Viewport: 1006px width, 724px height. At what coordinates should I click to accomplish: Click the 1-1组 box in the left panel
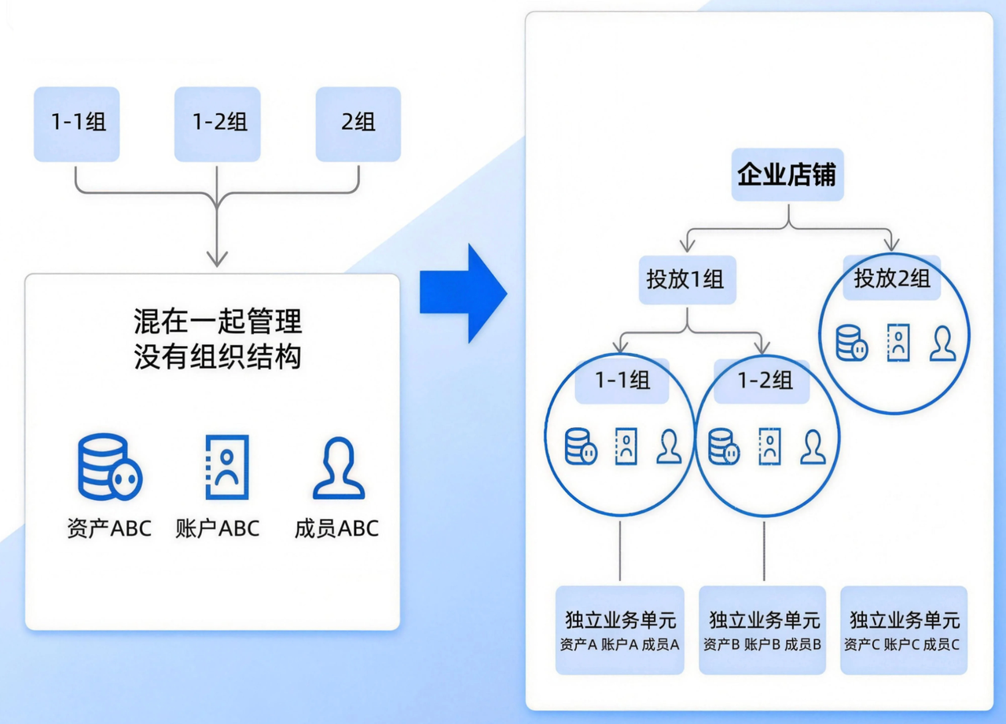[77, 123]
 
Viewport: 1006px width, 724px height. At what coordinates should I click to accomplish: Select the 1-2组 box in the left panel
[218, 123]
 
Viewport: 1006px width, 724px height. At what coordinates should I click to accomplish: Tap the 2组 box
[358, 123]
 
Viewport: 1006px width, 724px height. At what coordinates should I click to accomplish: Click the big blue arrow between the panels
[463, 293]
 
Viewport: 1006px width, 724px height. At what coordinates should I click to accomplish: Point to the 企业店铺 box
[788, 175]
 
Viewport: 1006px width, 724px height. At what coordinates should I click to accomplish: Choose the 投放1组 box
[686, 279]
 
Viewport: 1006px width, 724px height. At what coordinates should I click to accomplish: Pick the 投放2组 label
[892, 278]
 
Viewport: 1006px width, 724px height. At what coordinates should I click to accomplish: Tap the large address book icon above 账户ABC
[226, 467]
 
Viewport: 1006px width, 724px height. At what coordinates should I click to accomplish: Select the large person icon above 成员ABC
[339, 469]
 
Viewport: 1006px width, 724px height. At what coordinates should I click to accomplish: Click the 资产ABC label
[109, 528]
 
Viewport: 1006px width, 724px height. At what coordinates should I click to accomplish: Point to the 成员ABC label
[336, 528]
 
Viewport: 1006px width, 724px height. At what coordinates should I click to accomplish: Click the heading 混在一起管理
[218, 322]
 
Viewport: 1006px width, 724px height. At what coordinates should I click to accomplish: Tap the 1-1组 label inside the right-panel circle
[622, 380]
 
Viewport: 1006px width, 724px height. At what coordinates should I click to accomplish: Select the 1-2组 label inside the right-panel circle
[765, 380]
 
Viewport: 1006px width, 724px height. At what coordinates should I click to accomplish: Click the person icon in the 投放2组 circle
[943, 344]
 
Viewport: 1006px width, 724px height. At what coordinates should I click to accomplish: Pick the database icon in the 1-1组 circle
[581, 447]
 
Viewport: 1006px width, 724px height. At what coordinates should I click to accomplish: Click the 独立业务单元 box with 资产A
[621, 630]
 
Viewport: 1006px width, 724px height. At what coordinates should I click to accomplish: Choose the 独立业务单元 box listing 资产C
[903, 630]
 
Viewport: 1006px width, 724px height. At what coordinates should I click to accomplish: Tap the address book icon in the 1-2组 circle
[769, 447]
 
